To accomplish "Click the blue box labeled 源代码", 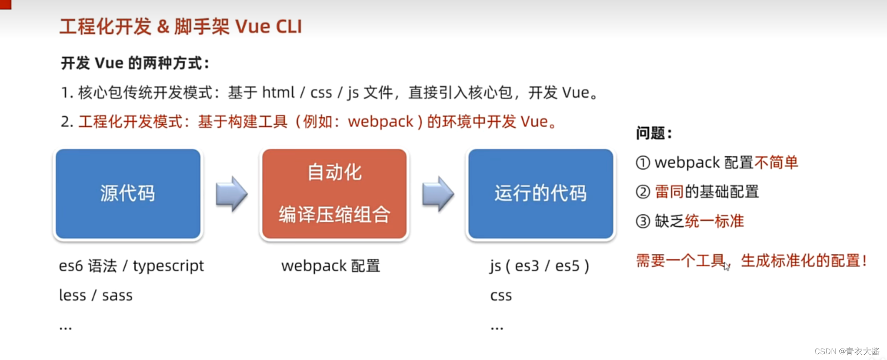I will click(128, 194).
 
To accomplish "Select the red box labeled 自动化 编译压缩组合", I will click(334, 194).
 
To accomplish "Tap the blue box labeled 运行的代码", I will click(540, 194).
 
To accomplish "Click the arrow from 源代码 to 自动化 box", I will click(231, 194).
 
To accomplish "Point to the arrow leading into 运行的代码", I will click(438, 194).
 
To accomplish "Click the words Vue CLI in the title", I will click(269, 27).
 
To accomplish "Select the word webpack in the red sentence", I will click(380, 122).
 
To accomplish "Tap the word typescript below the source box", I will click(168, 266).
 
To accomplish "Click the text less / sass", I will click(96, 295).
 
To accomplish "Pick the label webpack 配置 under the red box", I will click(330, 266).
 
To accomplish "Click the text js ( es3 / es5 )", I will click(539, 266).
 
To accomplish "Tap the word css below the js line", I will click(501, 296).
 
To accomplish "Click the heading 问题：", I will click(654, 133).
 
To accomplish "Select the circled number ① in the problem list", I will click(643, 163).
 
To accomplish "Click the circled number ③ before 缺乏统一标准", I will click(643, 221).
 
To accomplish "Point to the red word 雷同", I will click(669, 192).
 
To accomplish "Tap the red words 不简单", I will click(776, 163).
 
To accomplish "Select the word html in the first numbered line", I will click(278, 92).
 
